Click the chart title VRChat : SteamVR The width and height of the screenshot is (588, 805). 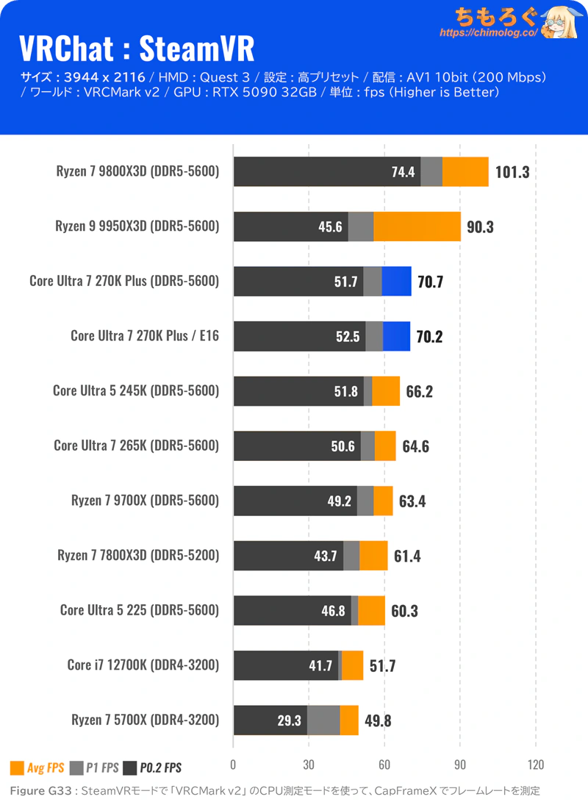pos(137,49)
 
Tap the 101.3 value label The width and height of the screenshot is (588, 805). pos(512,173)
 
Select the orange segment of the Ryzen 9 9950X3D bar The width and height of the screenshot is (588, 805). pos(417,226)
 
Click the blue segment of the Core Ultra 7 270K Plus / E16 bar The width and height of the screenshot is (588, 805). pos(397,336)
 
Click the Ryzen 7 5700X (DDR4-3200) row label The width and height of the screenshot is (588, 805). pos(145,720)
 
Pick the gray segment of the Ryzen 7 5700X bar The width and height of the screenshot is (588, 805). pos(323,720)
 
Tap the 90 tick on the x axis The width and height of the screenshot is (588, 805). pos(460,764)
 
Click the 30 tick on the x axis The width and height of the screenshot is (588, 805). pos(308,764)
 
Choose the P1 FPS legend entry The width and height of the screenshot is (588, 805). pos(94,768)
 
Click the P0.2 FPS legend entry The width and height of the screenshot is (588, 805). pos(153,768)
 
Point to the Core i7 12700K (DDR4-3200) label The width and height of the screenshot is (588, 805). pos(143,665)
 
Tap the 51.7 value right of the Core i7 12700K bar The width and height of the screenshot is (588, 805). pos(382,666)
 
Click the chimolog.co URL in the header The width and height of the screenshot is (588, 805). pos(489,33)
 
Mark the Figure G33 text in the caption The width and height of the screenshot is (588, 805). pos(41,791)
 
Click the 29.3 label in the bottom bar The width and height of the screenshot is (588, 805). pos(290,720)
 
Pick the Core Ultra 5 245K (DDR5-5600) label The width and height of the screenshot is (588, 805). pos(136,390)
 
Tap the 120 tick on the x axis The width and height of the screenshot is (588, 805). pos(536,764)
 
